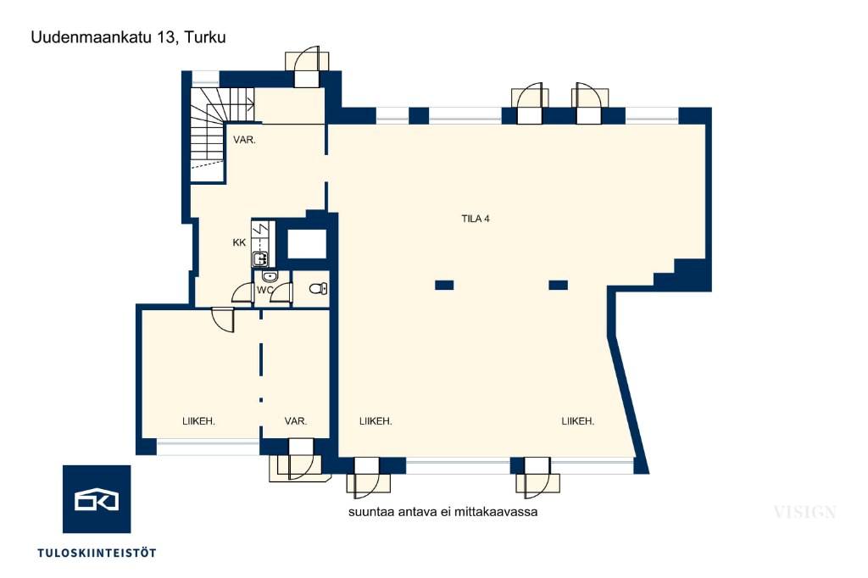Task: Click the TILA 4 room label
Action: (476, 219)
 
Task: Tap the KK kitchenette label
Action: (239, 242)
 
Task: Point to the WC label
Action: (264, 290)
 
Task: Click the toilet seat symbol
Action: (319, 288)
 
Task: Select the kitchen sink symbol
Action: (260, 258)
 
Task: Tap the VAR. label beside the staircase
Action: (244, 140)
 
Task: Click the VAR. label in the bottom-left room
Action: (296, 421)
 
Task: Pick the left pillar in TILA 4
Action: (444, 285)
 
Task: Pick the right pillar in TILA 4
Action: (558, 285)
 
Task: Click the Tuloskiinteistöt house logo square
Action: (97, 499)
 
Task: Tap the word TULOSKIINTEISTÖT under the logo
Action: (97, 553)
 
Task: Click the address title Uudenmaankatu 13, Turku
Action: (129, 37)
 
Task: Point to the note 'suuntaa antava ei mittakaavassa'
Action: (442, 512)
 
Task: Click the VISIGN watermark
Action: (805, 512)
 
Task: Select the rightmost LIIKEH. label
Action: (578, 421)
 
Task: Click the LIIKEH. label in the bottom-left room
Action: (198, 421)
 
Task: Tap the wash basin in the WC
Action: (270, 276)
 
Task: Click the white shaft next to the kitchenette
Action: (307, 243)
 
